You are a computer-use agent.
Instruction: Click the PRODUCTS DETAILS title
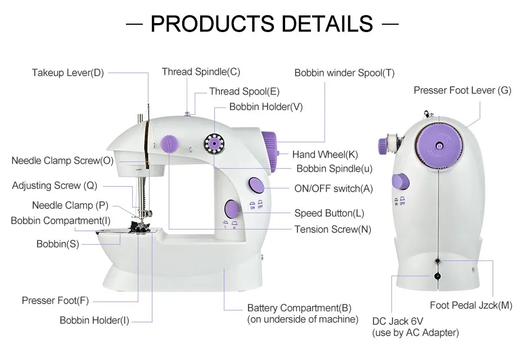[x=261, y=24]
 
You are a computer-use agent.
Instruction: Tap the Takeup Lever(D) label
[x=67, y=73]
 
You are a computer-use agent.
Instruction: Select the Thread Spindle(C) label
[x=201, y=71]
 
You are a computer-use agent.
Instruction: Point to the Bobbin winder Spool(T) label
[x=344, y=73]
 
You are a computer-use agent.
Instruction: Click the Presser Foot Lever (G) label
[x=462, y=90]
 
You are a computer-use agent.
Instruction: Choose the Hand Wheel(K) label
[x=325, y=155]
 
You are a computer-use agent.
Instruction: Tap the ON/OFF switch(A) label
[x=333, y=189]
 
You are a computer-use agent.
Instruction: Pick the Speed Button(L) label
[x=329, y=213]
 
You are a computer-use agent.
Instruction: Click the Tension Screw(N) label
[x=332, y=229]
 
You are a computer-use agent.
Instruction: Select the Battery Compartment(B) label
[x=299, y=308]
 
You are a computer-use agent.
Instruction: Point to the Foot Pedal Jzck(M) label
[x=471, y=305]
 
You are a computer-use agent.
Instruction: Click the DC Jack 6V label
[x=398, y=321]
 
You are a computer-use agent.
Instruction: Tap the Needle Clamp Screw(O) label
[x=62, y=161]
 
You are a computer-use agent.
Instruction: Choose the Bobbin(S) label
[x=57, y=244]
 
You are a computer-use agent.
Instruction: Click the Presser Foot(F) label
[x=55, y=300]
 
